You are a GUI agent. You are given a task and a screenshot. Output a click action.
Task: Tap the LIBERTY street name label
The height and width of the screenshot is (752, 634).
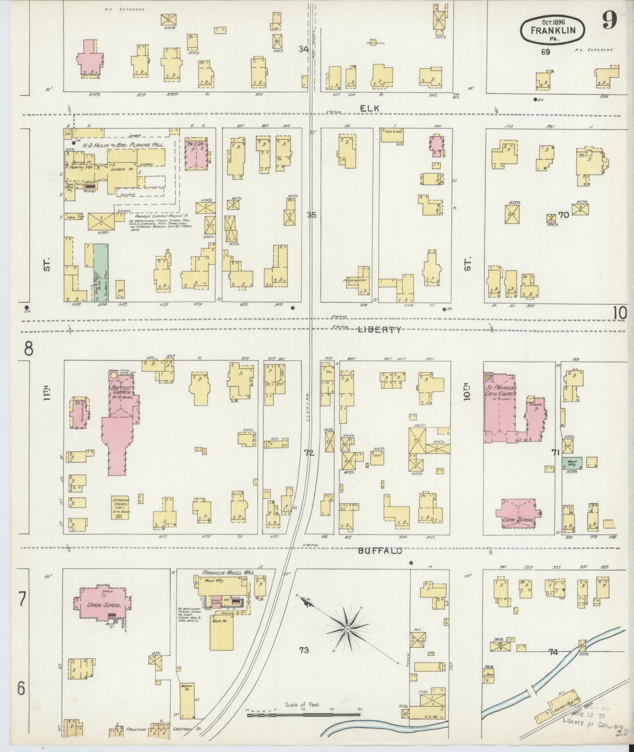380,329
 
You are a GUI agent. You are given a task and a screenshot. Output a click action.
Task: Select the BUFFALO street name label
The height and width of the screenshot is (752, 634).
380,551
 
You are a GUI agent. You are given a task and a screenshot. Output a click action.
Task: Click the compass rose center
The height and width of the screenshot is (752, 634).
347,630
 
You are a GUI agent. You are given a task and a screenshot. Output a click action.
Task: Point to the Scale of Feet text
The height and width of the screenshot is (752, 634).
302,705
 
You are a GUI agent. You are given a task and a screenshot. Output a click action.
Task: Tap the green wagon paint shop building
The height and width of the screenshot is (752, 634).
101,272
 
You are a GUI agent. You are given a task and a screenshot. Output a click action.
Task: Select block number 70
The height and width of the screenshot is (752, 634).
563,215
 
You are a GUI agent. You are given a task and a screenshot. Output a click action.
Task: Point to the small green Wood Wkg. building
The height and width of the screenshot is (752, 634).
572,462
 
